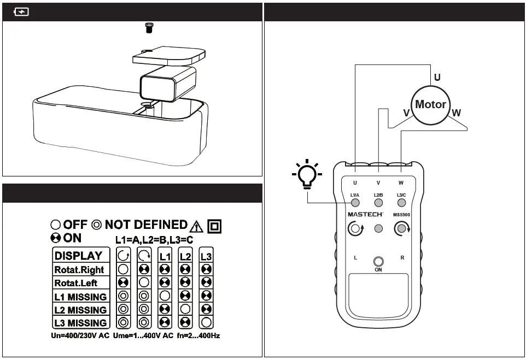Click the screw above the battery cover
148,28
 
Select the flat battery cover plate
170,55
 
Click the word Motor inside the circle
430,104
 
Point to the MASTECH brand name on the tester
365,215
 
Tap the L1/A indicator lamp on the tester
355,202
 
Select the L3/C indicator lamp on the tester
401,202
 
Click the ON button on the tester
378,262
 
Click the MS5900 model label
401,215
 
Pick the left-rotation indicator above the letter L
355,229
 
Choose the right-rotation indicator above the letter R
402,229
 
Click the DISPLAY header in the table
78,255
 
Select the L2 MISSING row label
80,310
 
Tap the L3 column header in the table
206,256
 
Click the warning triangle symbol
196,226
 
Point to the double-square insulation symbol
215,226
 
